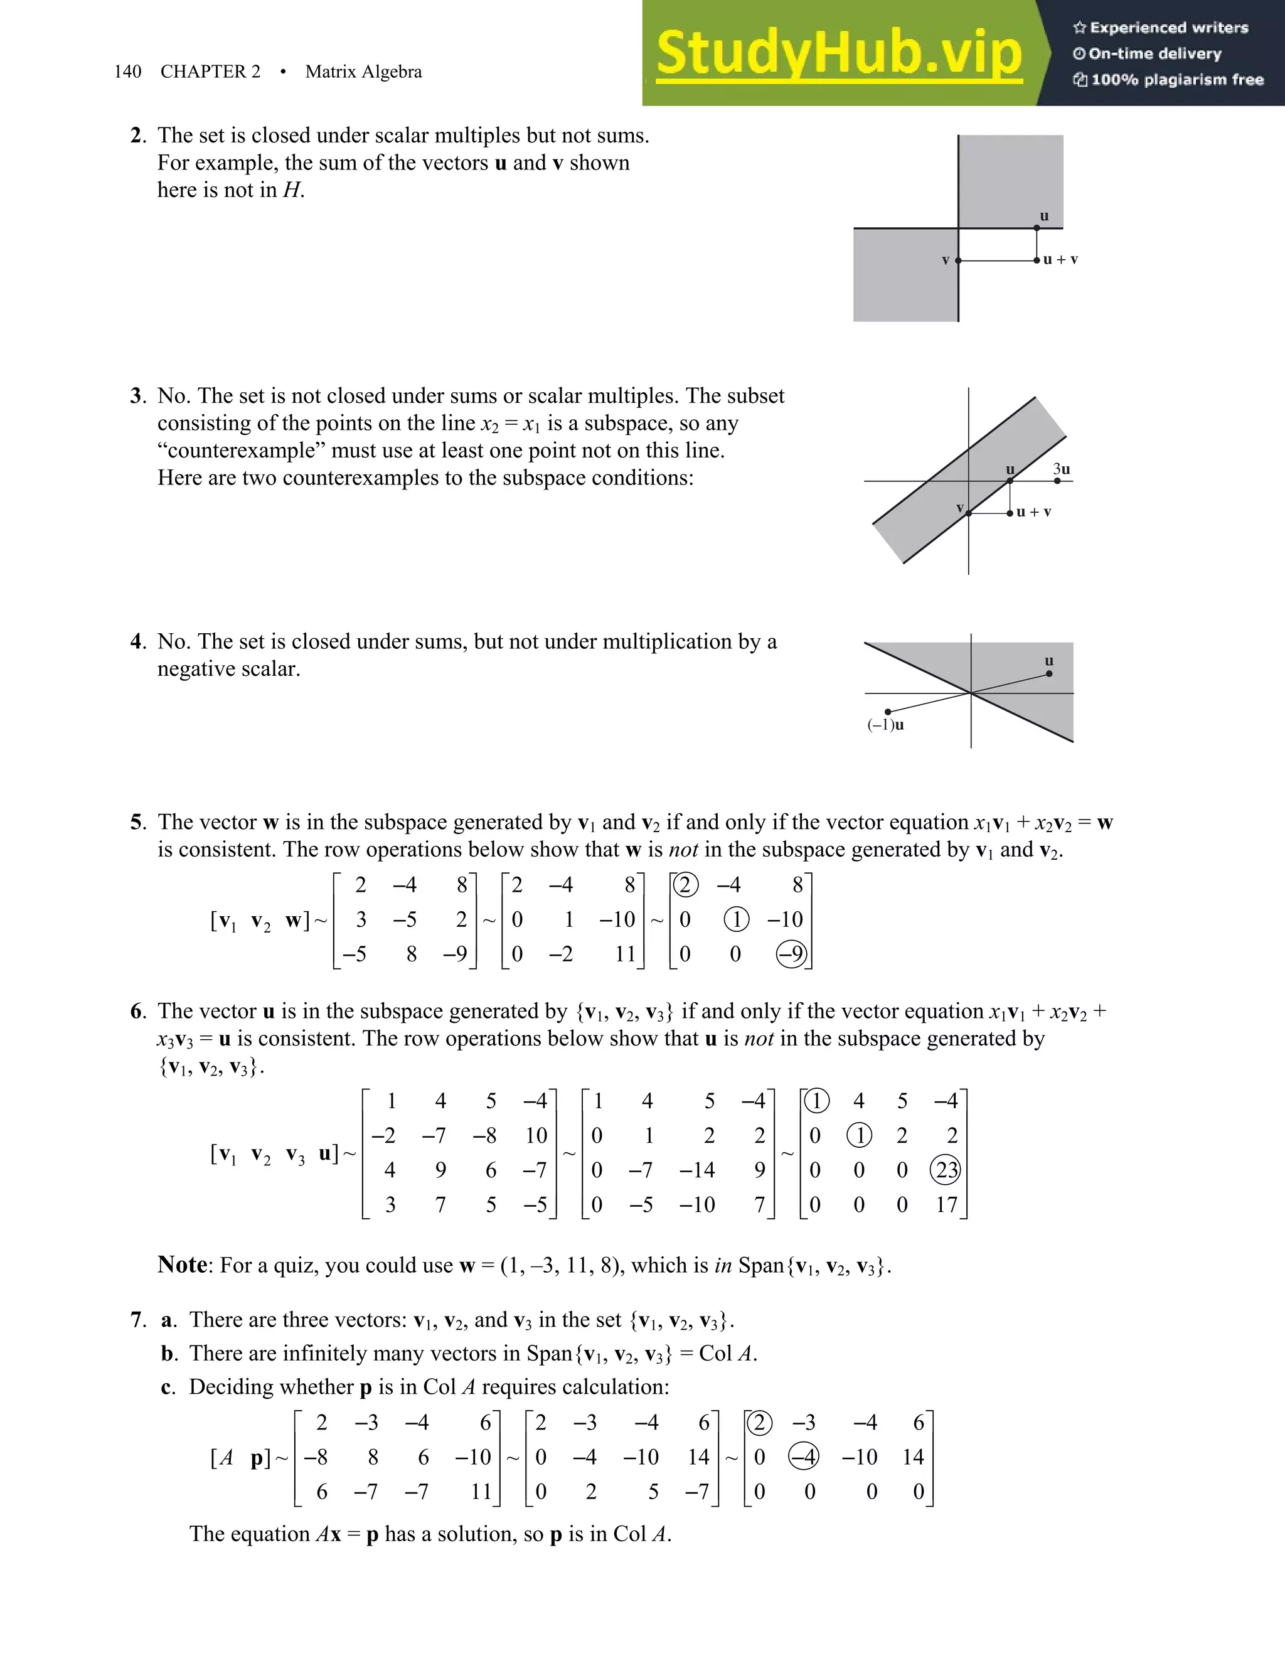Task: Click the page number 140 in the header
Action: coord(127,72)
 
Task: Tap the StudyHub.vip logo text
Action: coord(838,53)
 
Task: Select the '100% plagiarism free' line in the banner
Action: coord(1168,80)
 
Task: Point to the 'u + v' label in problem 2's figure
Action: coord(1060,260)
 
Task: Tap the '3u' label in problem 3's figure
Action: coord(1061,469)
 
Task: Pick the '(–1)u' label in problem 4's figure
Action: coord(885,725)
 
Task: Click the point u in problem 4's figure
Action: coord(1049,673)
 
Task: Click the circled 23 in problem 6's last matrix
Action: coord(946,1170)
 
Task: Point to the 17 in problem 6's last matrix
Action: coord(946,1205)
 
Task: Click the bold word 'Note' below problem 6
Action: coord(182,1265)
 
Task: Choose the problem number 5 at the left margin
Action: coord(136,822)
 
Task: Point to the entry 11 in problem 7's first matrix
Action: coord(481,1491)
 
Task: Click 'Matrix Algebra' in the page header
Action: coord(363,72)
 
